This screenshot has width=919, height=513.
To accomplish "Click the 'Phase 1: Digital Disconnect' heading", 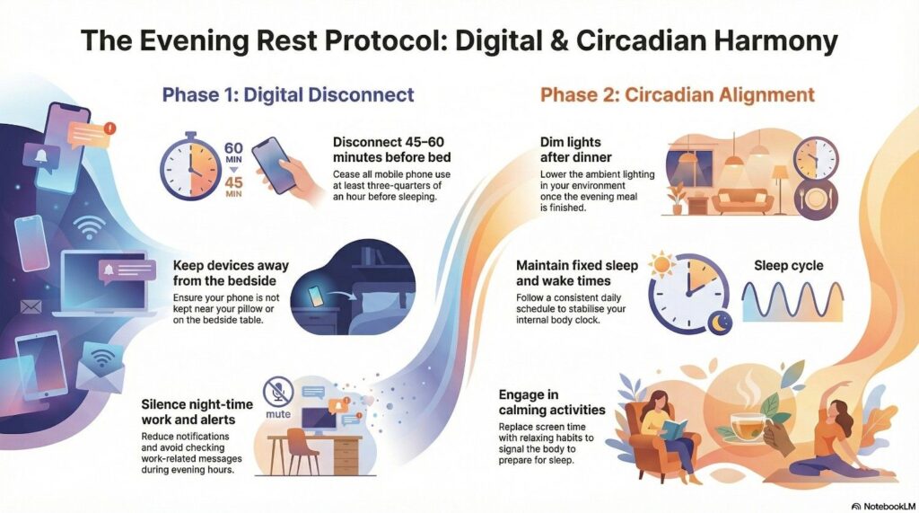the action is pos(288,94).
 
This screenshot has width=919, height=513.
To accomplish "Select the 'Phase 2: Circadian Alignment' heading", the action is pos(677,94).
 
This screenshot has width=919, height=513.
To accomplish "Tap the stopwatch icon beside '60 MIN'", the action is pos(190,167).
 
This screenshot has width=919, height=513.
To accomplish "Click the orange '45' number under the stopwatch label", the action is pos(233,182).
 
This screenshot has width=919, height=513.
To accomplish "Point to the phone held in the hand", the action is pos(273,165).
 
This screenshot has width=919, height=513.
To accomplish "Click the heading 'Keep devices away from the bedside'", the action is pos(231,273).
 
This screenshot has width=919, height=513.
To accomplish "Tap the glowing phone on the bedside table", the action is pos(315,296).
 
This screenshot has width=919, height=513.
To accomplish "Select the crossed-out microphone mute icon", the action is pos(278,392).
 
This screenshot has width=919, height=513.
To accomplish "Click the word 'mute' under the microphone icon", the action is pos(278,414).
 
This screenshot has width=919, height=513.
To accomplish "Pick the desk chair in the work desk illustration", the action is pos(302,451).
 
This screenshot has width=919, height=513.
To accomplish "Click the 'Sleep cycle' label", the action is pos(788,265).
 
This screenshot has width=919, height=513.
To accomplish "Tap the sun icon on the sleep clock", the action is pos(663,265).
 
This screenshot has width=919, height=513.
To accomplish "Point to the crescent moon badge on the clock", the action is pos(720,322).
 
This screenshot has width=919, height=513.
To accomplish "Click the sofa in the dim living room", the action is pos(742,201).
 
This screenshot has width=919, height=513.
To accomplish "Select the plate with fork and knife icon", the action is pos(815,199).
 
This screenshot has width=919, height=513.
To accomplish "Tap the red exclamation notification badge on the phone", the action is pos(109,128).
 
